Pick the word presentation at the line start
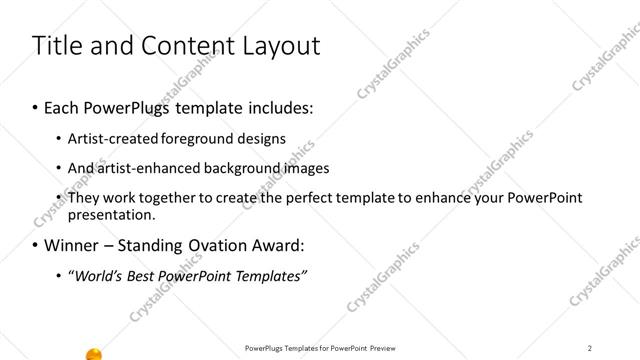tap(110, 214)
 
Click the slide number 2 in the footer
tap(590, 347)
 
